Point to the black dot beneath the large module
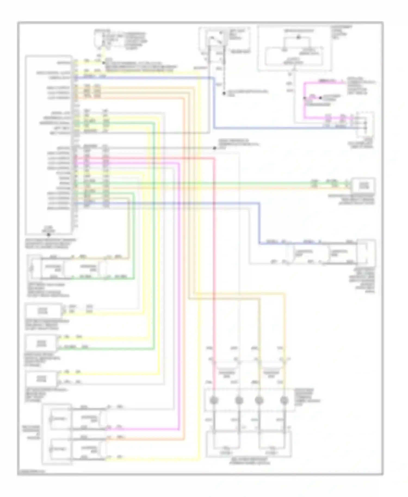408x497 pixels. pyautogui.click(x=49, y=234)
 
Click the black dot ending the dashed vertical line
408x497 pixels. pyautogui.click(x=224, y=93)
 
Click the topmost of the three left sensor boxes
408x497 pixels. pyautogui.click(x=44, y=310)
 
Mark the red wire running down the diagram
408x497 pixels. pyautogui.click(x=214, y=272)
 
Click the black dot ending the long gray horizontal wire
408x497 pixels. pyautogui.click(x=215, y=148)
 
